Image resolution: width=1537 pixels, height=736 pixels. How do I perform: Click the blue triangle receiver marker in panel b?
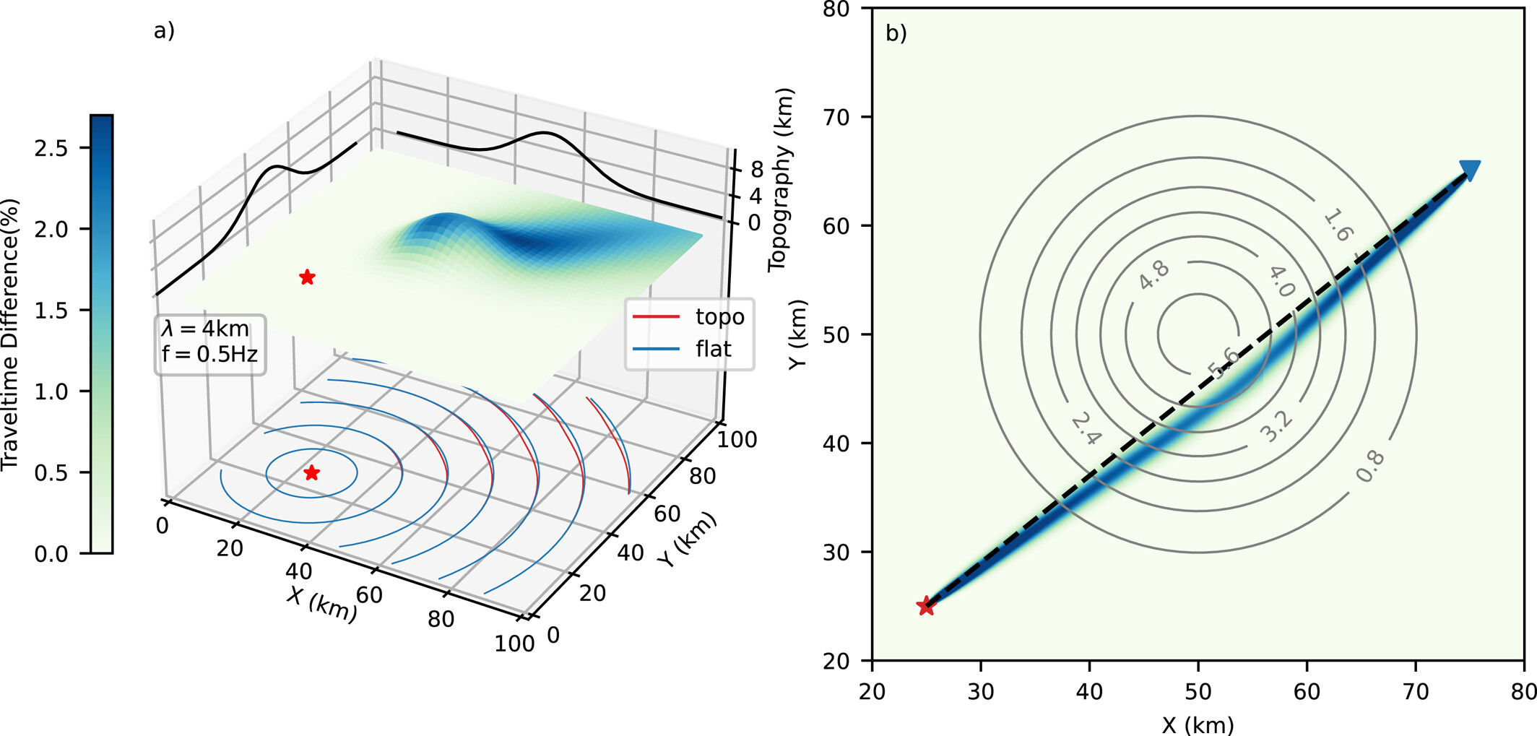(x=1470, y=170)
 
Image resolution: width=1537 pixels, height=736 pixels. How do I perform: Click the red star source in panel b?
(x=926, y=606)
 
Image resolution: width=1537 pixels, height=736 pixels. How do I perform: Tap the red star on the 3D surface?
(x=307, y=277)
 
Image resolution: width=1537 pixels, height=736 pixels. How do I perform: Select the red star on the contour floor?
(x=311, y=473)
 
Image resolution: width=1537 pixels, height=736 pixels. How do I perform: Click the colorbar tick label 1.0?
(x=51, y=392)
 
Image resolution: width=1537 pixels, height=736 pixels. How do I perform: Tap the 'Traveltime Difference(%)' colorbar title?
(x=10, y=334)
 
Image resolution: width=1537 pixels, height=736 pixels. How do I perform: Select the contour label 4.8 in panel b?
(x=1153, y=274)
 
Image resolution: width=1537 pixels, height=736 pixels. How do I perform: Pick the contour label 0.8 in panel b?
(x=1369, y=466)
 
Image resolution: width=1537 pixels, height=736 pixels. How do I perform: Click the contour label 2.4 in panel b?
(x=1086, y=429)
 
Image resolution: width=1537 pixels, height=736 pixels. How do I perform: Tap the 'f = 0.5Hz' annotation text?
(x=209, y=354)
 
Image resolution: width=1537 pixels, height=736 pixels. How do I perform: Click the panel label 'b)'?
(x=896, y=33)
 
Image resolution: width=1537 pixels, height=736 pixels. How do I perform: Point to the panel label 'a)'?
(x=164, y=30)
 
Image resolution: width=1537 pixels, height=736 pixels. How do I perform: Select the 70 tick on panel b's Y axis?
(x=837, y=117)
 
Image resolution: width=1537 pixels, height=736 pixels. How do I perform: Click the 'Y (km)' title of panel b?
(x=797, y=334)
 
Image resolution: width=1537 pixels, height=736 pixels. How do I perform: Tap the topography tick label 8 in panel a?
(x=756, y=169)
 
